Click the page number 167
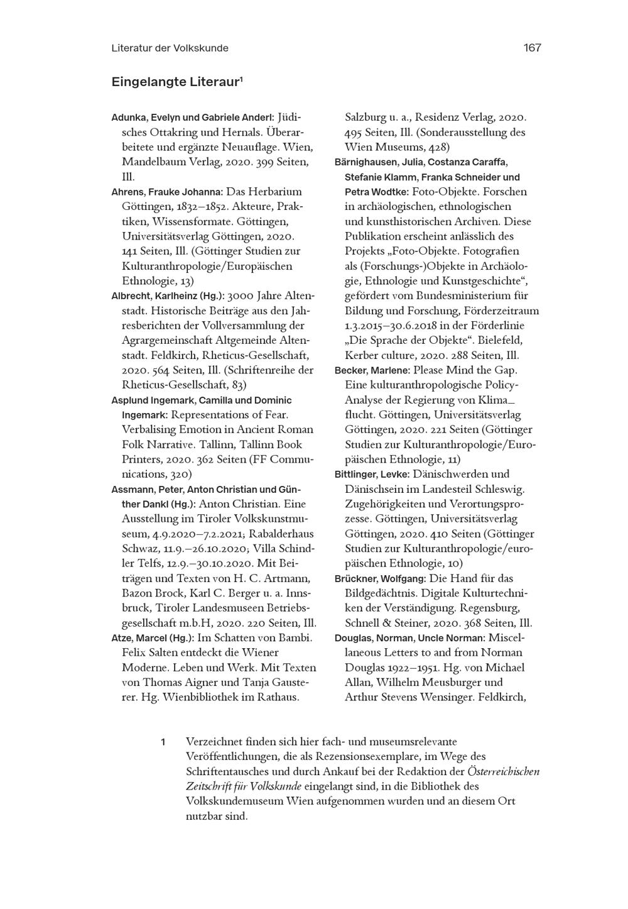click(x=531, y=48)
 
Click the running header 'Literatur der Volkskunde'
click(x=170, y=48)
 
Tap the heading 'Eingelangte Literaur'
click(x=176, y=82)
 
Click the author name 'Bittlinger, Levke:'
click(x=372, y=475)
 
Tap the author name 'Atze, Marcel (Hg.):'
click(x=153, y=638)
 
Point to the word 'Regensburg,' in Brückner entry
click(x=489, y=608)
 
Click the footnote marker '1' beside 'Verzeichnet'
click(x=163, y=742)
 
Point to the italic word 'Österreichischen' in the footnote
click(x=504, y=771)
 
